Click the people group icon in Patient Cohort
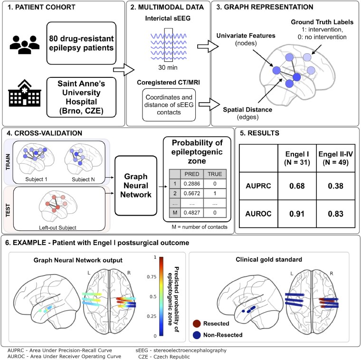23,40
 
